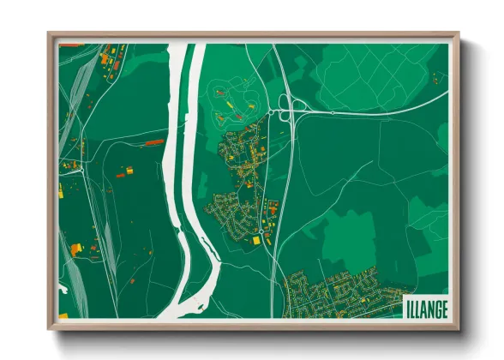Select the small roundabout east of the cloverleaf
[332, 112]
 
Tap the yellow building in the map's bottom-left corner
[75, 249]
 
